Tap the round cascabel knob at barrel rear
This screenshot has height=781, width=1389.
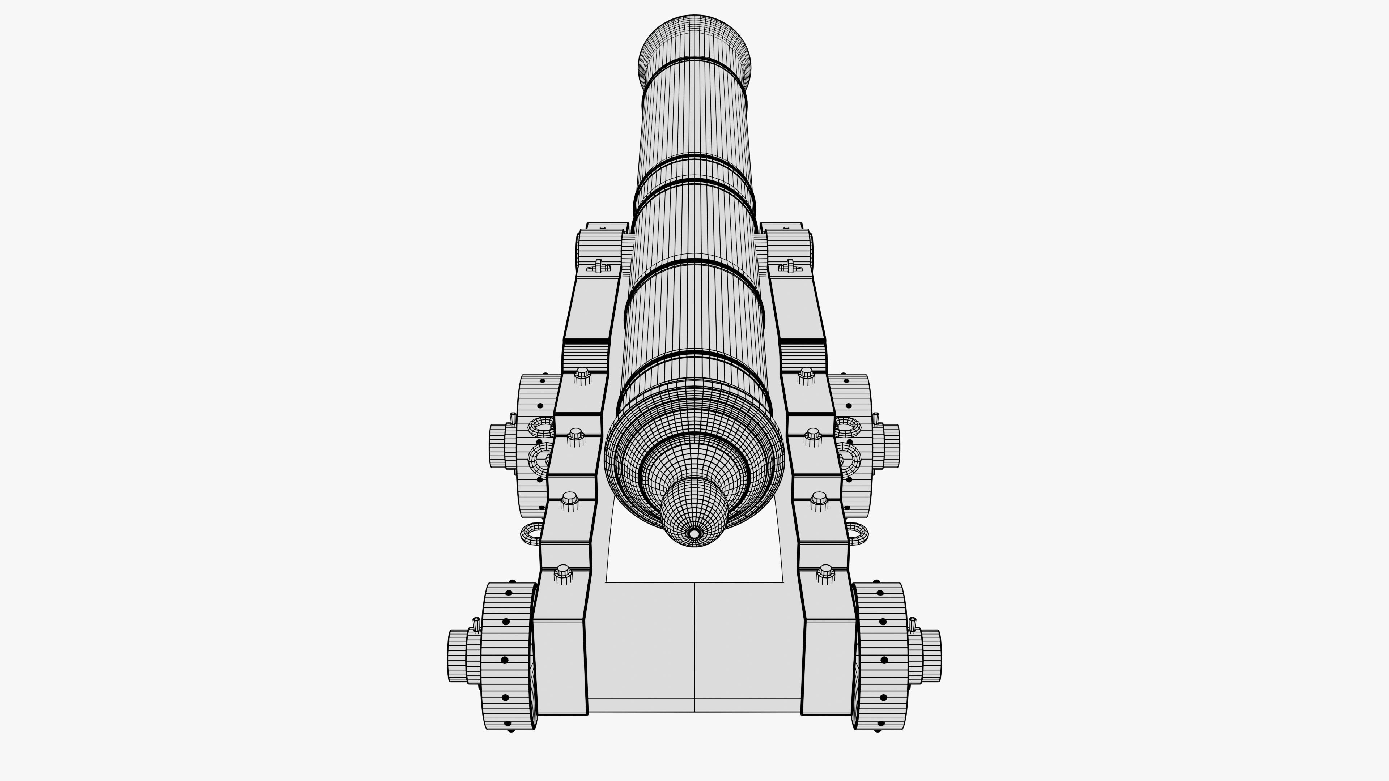(x=694, y=512)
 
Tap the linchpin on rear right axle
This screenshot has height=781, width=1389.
(x=912, y=624)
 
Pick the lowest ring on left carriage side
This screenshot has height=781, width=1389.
(x=532, y=534)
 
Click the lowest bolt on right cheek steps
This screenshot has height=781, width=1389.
(x=825, y=573)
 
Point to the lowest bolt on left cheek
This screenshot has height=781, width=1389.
(x=563, y=573)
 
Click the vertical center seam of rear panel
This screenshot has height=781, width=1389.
(x=694, y=647)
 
